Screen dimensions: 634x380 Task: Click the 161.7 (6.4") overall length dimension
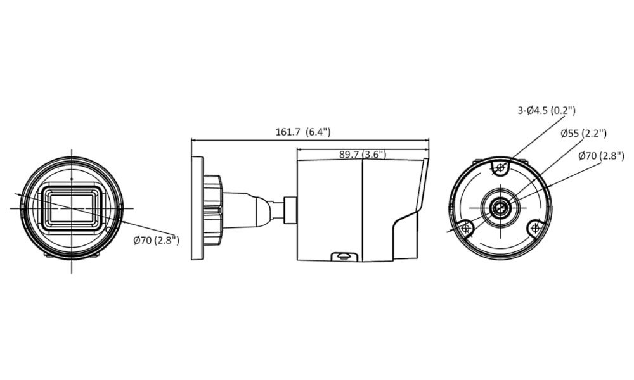tap(303, 132)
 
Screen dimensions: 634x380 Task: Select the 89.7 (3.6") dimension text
tap(363, 155)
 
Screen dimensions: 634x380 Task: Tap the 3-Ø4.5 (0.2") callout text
tap(547, 110)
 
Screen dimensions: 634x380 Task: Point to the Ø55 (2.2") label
tap(583, 133)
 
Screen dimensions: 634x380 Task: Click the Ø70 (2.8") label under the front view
tap(156, 240)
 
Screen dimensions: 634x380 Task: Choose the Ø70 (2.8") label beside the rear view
tap(601, 155)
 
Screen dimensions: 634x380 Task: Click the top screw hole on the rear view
tap(501, 167)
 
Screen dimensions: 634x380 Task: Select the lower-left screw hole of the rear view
tap(465, 229)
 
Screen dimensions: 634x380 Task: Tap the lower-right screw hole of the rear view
tap(535, 229)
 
